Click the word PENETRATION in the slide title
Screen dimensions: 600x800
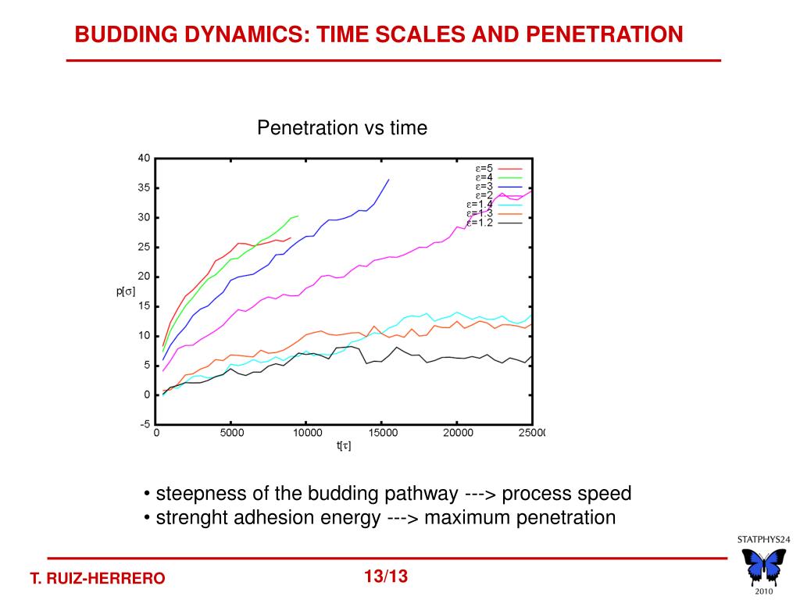(x=604, y=34)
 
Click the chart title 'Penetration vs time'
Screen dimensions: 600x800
(x=342, y=128)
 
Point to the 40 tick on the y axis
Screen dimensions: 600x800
(x=144, y=158)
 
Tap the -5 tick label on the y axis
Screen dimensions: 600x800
(x=145, y=425)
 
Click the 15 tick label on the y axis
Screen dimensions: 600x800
(x=144, y=306)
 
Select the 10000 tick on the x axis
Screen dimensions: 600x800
(x=307, y=433)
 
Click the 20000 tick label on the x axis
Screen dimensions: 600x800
(x=458, y=433)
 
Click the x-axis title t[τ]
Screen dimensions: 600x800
(x=344, y=446)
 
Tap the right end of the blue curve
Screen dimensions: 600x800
(x=388, y=180)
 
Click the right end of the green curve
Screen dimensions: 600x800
(x=298, y=216)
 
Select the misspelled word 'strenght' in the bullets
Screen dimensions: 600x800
(x=187, y=518)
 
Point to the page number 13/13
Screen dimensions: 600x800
(x=386, y=577)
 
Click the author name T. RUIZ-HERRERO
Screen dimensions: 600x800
(x=98, y=579)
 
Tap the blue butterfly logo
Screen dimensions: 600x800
(x=763, y=566)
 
